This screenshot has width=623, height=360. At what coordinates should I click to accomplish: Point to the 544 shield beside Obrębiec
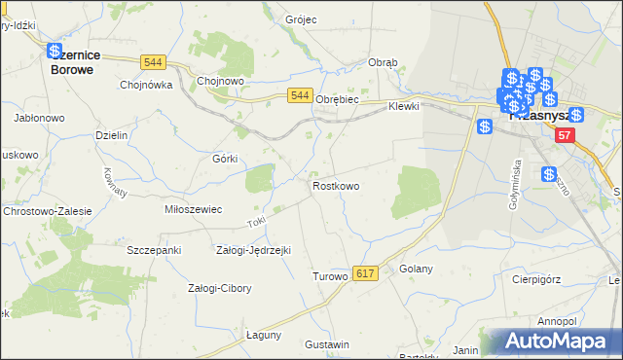(x=300, y=95)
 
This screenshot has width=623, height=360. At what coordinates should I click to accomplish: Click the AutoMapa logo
(x=559, y=341)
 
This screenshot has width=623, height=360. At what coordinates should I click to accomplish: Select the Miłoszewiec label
(x=194, y=209)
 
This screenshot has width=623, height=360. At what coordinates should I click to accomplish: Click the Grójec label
(x=302, y=19)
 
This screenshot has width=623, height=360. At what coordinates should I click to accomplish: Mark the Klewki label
(x=403, y=106)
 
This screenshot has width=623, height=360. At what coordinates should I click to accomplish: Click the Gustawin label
(x=326, y=345)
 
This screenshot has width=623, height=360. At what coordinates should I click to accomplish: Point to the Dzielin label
(x=112, y=135)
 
